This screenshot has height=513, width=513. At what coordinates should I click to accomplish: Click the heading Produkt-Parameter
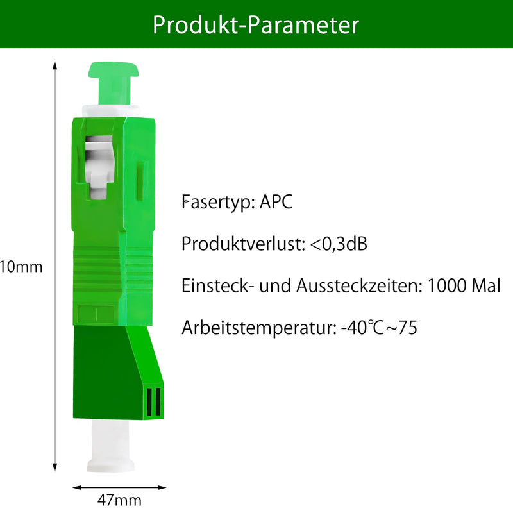(256, 25)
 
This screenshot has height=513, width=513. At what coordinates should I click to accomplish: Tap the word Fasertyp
(218, 202)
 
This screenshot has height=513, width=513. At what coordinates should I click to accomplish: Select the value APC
(276, 201)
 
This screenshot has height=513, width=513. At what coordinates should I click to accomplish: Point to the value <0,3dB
(339, 244)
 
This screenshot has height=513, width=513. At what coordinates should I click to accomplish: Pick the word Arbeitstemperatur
(259, 328)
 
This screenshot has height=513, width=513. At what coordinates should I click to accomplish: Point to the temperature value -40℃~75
(379, 328)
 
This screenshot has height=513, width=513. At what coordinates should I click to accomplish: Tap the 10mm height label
(21, 267)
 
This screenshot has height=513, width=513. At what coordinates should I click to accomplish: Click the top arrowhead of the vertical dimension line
(55, 65)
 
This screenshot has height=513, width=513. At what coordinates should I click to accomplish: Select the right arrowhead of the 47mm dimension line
(162, 487)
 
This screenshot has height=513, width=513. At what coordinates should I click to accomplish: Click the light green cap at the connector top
(114, 83)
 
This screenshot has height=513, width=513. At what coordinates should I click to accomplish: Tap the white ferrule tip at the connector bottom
(110, 446)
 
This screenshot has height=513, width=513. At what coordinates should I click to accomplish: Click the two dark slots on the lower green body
(154, 402)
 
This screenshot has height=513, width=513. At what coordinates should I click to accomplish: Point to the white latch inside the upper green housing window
(99, 166)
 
